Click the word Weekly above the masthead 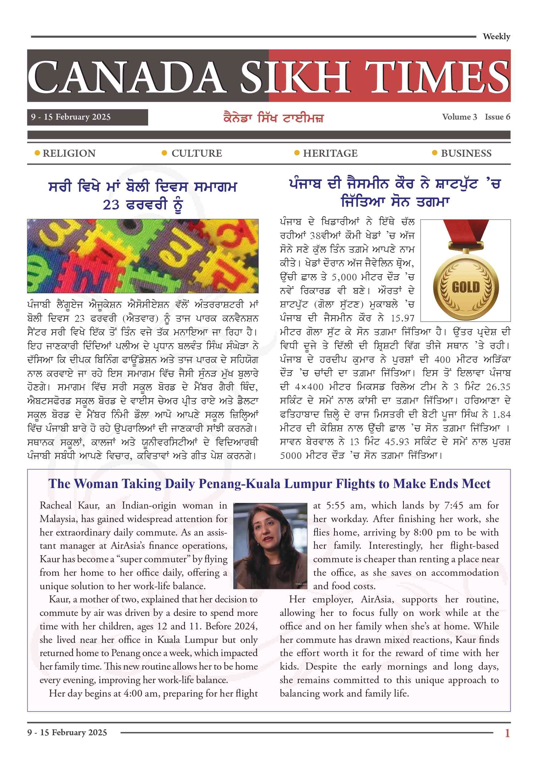496,37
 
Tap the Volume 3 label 459,117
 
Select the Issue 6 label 497,117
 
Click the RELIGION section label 69,153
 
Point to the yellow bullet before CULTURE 164,153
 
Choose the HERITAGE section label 330,153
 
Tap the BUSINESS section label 466,153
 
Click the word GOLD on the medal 466,287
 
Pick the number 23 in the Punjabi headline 111,205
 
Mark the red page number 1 507,733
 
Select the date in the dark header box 71,117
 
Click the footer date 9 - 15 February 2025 67,732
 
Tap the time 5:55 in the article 336,506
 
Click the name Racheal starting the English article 55,506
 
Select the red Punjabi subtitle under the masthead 274,118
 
